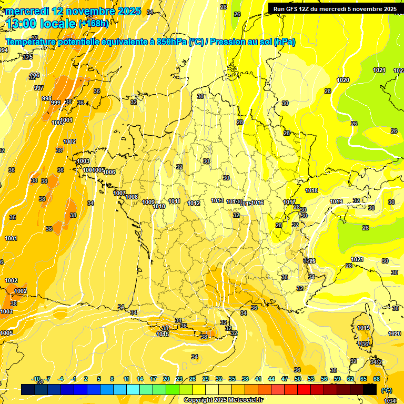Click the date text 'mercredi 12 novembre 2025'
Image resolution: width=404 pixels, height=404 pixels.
(73, 11)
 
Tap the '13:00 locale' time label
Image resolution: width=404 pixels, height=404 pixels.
(42, 23)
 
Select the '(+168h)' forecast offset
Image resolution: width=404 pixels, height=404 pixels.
(94, 24)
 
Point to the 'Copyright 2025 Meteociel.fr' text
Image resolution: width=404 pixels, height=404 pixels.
(223, 400)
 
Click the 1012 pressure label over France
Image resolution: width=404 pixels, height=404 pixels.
(194, 203)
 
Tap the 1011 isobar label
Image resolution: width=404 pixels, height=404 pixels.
(175, 201)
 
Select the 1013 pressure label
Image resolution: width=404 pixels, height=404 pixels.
(217, 200)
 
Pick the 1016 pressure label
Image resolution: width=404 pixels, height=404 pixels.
(258, 203)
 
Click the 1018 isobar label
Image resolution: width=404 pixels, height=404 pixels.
(311, 190)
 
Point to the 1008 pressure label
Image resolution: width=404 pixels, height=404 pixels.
(132, 197)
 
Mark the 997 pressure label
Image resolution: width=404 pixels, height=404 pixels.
(39, 88)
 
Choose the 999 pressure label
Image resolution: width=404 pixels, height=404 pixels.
(55, 103)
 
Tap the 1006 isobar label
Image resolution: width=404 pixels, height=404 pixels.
(109, 172)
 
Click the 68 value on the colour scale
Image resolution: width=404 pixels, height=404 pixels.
(377, 379)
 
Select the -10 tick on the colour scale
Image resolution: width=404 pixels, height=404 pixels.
(36, 379)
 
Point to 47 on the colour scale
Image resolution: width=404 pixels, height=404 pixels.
(285, 379)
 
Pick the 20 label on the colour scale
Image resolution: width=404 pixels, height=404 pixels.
(166, 379)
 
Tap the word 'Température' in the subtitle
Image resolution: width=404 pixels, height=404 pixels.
(31, 42)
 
